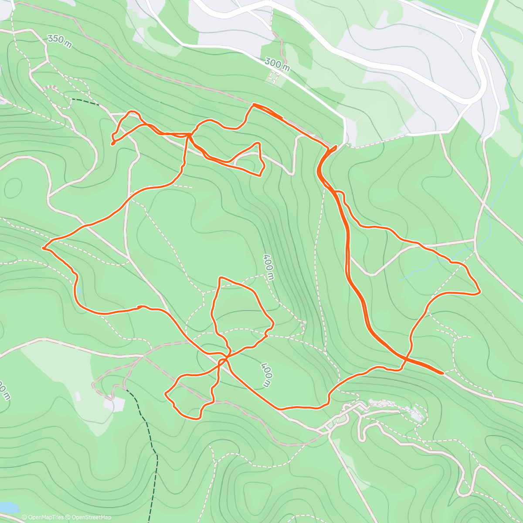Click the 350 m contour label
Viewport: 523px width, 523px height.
coord(60,40)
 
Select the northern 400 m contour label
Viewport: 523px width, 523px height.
coord(268,267)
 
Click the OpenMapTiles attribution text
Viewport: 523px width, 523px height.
coord(43,517)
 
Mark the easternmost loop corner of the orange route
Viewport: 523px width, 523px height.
coord(479,292)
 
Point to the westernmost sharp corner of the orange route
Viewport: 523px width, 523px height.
coord(43,248)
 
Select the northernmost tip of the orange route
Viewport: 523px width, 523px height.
coord(254,104)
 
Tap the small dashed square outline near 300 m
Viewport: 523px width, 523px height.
coord(273,78)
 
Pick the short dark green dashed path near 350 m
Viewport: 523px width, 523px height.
coord(85,102)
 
